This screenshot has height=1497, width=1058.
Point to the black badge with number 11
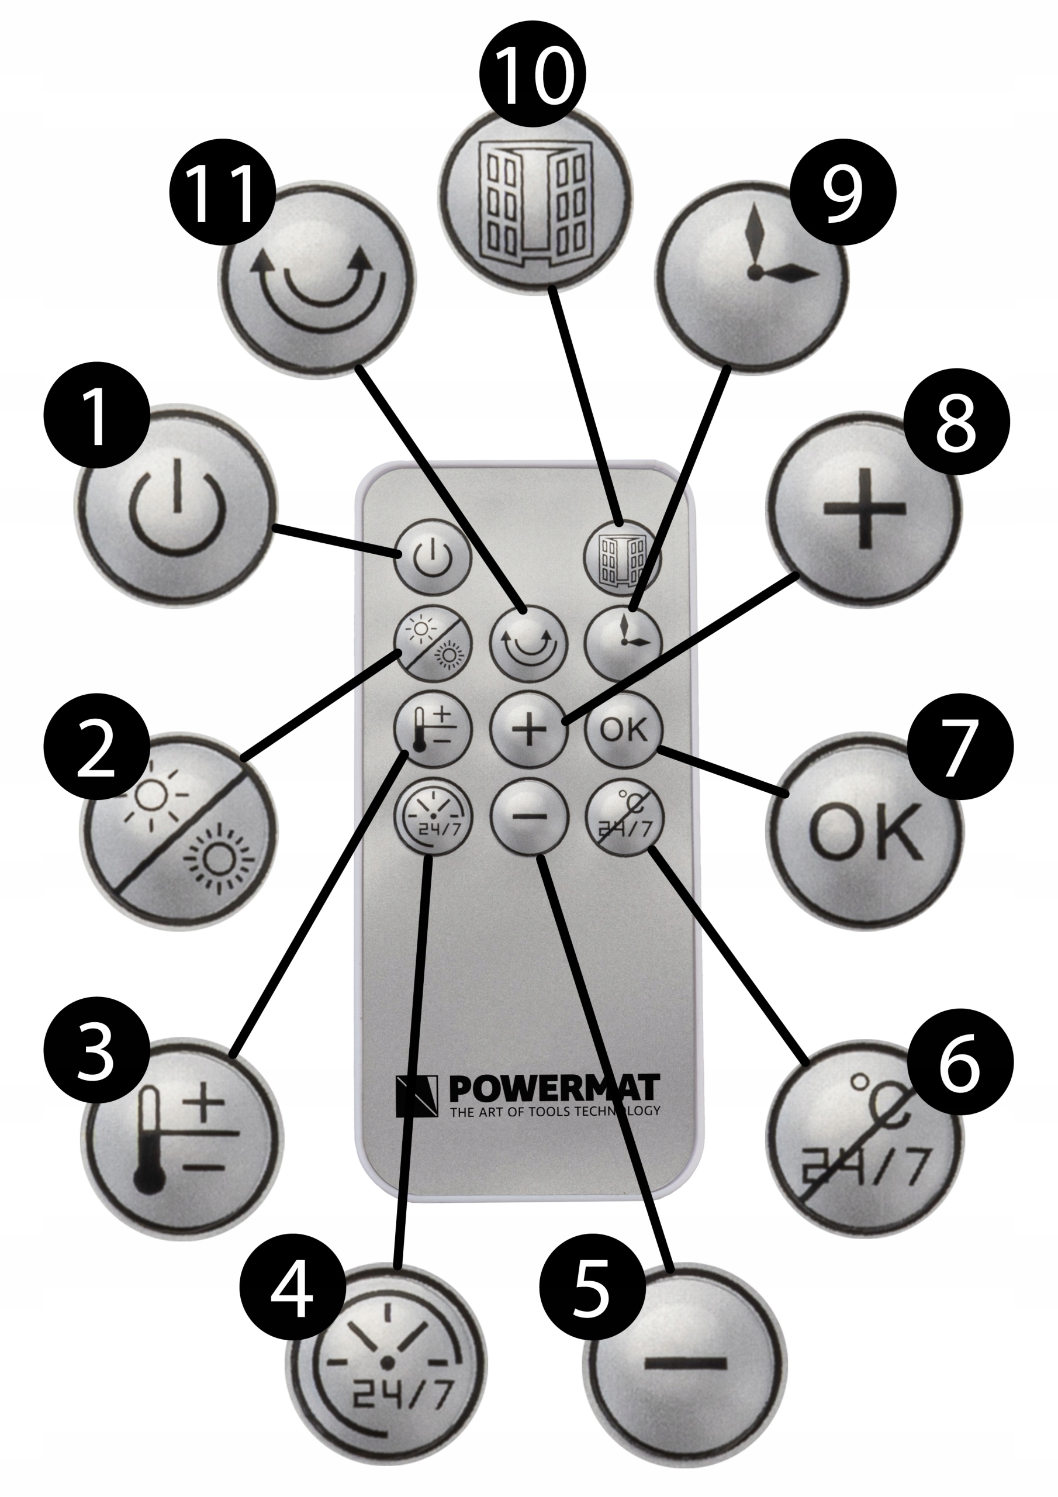pyautogui.click(x=222, y=192)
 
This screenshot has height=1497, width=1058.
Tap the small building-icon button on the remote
pyautogui.click(x=621, y=556)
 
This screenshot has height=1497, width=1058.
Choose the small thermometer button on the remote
pyautogui.click(x=434, y=730)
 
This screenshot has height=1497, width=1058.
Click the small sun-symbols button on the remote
pyautogui.click(x=434, y=643)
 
